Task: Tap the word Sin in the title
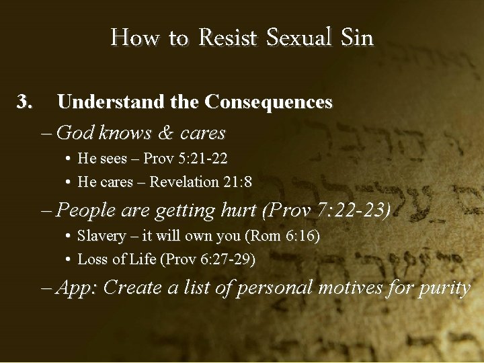click(357, 38)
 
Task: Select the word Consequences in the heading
click(268, 102)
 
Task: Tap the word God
click(75, 133)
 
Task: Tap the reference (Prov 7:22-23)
click(327, 210)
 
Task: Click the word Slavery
click(102, 237)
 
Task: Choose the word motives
click(346, 288)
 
